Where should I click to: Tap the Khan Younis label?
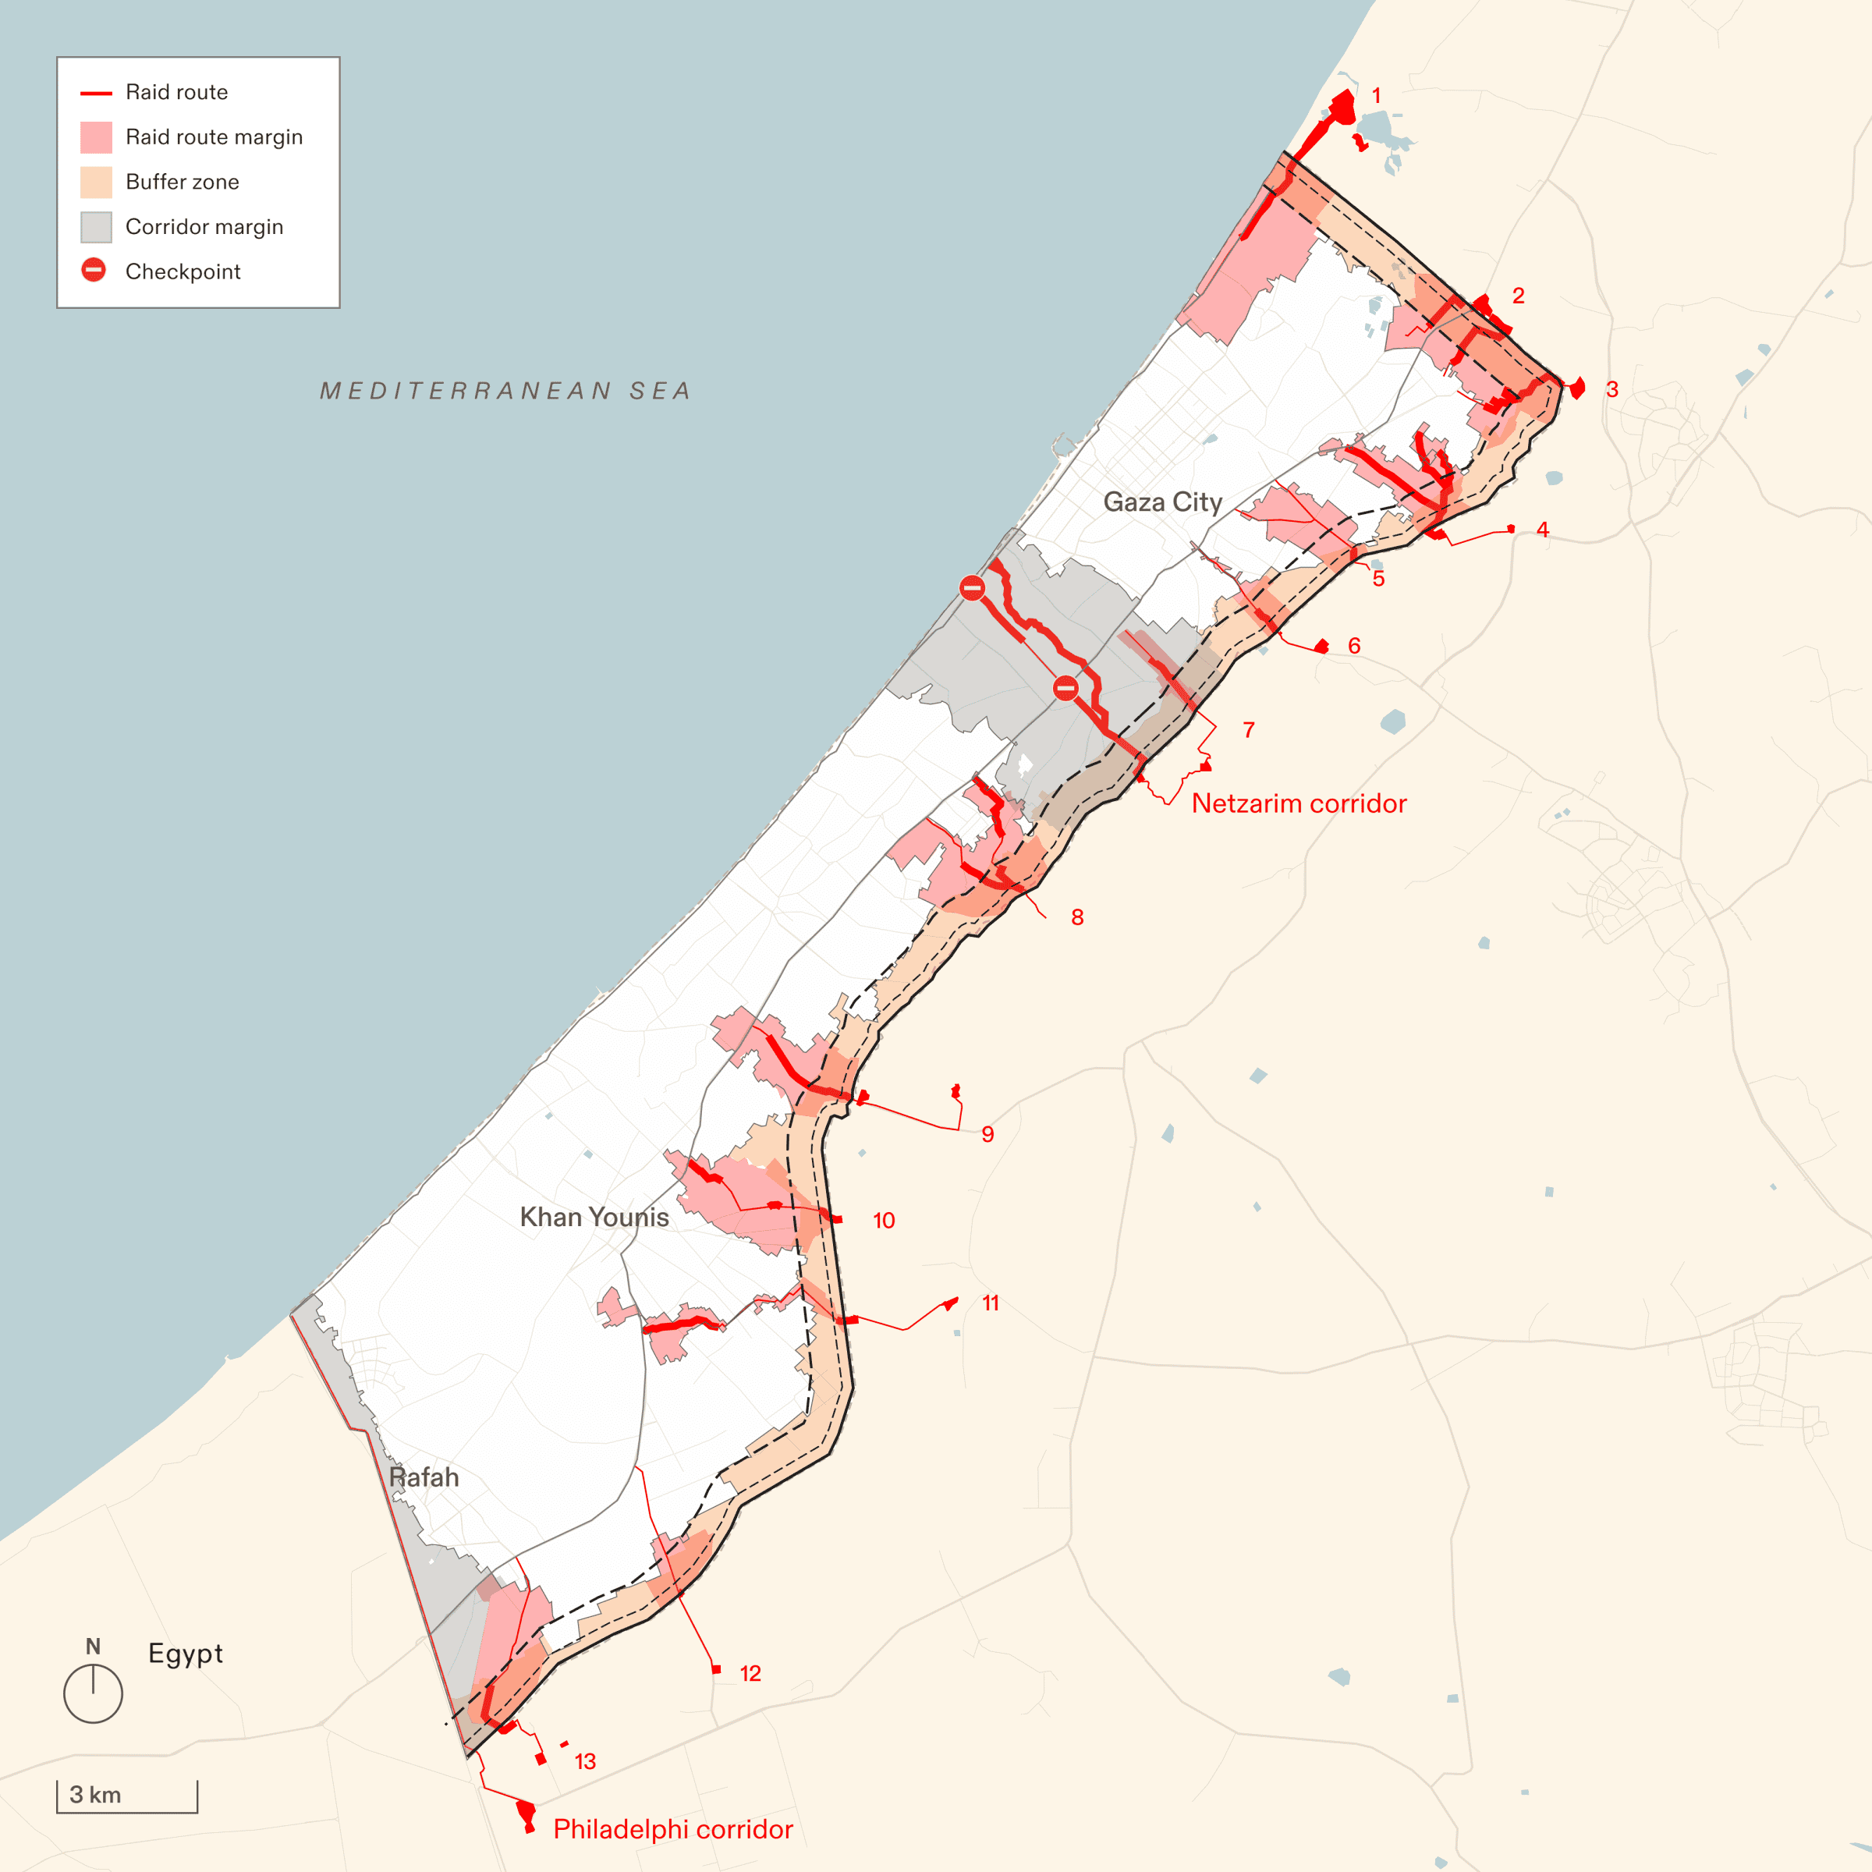coord(594,1217)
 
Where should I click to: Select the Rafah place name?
coord(424,1477)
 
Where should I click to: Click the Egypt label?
coord(185,1653)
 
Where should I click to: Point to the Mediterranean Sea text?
coord(505,391)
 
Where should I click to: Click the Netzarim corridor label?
coord(1299,803)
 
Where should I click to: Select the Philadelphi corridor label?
coord(672,1829)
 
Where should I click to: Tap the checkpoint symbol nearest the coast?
coord(972,587)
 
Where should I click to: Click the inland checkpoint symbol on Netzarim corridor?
coord(1065,688)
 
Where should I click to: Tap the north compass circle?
coord(93,1693)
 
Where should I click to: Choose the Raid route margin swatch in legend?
coord(96,137)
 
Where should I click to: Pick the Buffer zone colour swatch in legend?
coord(96,183)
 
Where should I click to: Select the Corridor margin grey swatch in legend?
coord(96,227)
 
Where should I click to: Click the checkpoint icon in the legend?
coord(94,271)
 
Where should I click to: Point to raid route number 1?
coord(1376,96)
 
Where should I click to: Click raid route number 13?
coord(584,1761)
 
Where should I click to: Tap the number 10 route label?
coord(884,1221)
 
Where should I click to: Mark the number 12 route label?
coord(750,1673)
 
